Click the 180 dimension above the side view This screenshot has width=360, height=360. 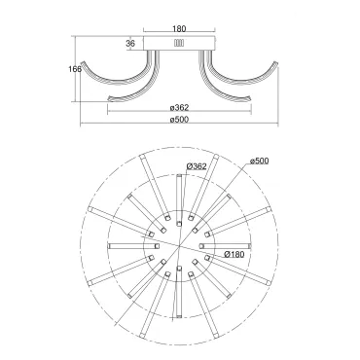point(179,29)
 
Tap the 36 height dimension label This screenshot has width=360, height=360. point(130,44)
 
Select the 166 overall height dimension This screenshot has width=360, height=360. point(75,69)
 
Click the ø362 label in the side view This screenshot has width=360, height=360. point(179,107)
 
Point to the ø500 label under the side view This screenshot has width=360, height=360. point(179,120)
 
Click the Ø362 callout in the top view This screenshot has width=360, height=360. point(197,166)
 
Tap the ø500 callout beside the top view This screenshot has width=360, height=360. point(260,161)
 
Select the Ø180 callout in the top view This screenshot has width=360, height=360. point(234,254)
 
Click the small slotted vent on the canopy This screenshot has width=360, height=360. point(179,44)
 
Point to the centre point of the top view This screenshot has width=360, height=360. point(180,246)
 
